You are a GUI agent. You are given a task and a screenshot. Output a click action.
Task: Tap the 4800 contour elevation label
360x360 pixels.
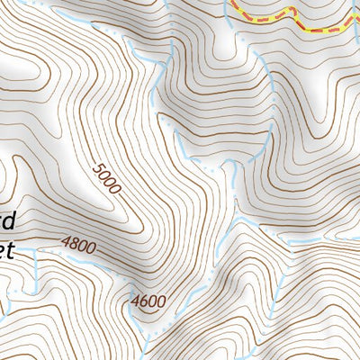[78, 244]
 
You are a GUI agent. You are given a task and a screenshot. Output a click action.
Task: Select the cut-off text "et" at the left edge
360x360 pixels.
[4, 248]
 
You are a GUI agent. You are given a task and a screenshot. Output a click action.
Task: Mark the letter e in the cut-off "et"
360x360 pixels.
[2, 249]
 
